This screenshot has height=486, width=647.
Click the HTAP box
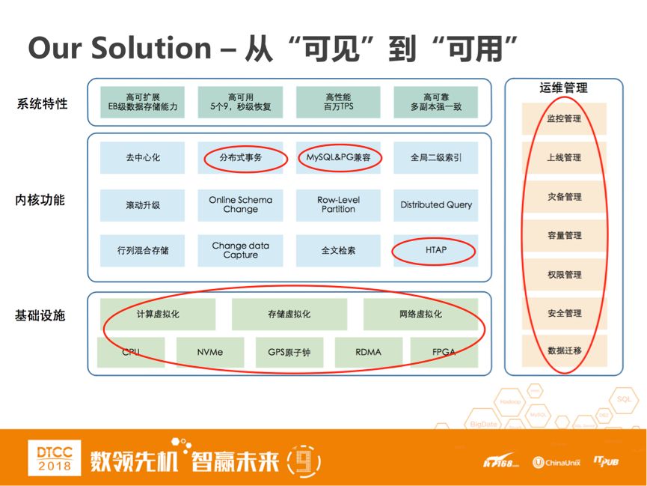(435, 251)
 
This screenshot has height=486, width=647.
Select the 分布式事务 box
(241, 158)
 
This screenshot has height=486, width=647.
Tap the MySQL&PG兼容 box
(338, 158)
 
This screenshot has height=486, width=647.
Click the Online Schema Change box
(241, 204)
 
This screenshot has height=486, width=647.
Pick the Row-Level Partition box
(338, 204)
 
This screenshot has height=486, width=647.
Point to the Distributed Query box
(436, 204)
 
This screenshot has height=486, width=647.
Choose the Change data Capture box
(241, 251)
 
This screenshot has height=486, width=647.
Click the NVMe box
(210, 352)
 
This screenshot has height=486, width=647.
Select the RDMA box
(368, 352)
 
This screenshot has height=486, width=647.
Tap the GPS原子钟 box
(289, 352)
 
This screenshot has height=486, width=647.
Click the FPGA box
(444, 352)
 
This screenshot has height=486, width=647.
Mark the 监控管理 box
(564, 119)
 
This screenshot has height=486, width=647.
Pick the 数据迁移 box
(564, 350)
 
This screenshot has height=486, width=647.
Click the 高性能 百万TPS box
(338, 103)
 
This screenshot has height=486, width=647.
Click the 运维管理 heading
(563, 88)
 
